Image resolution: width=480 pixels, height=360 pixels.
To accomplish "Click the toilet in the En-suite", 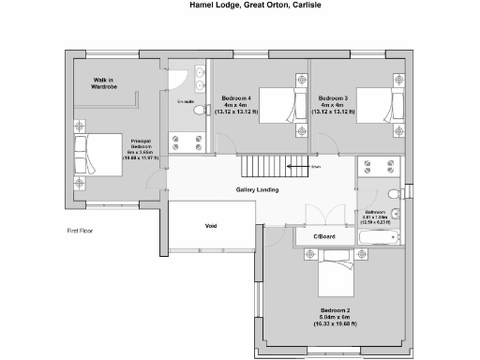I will tap(199, 110).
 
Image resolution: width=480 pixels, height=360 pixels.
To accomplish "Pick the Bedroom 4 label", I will tap(235, 98).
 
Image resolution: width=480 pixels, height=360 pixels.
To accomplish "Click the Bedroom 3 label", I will tap(333, 98).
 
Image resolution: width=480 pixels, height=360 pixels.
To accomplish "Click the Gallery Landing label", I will tap(256, 190).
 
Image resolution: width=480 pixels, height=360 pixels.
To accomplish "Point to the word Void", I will tap(211, 226).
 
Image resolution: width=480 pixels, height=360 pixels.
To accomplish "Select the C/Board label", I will tap(324, 236).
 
